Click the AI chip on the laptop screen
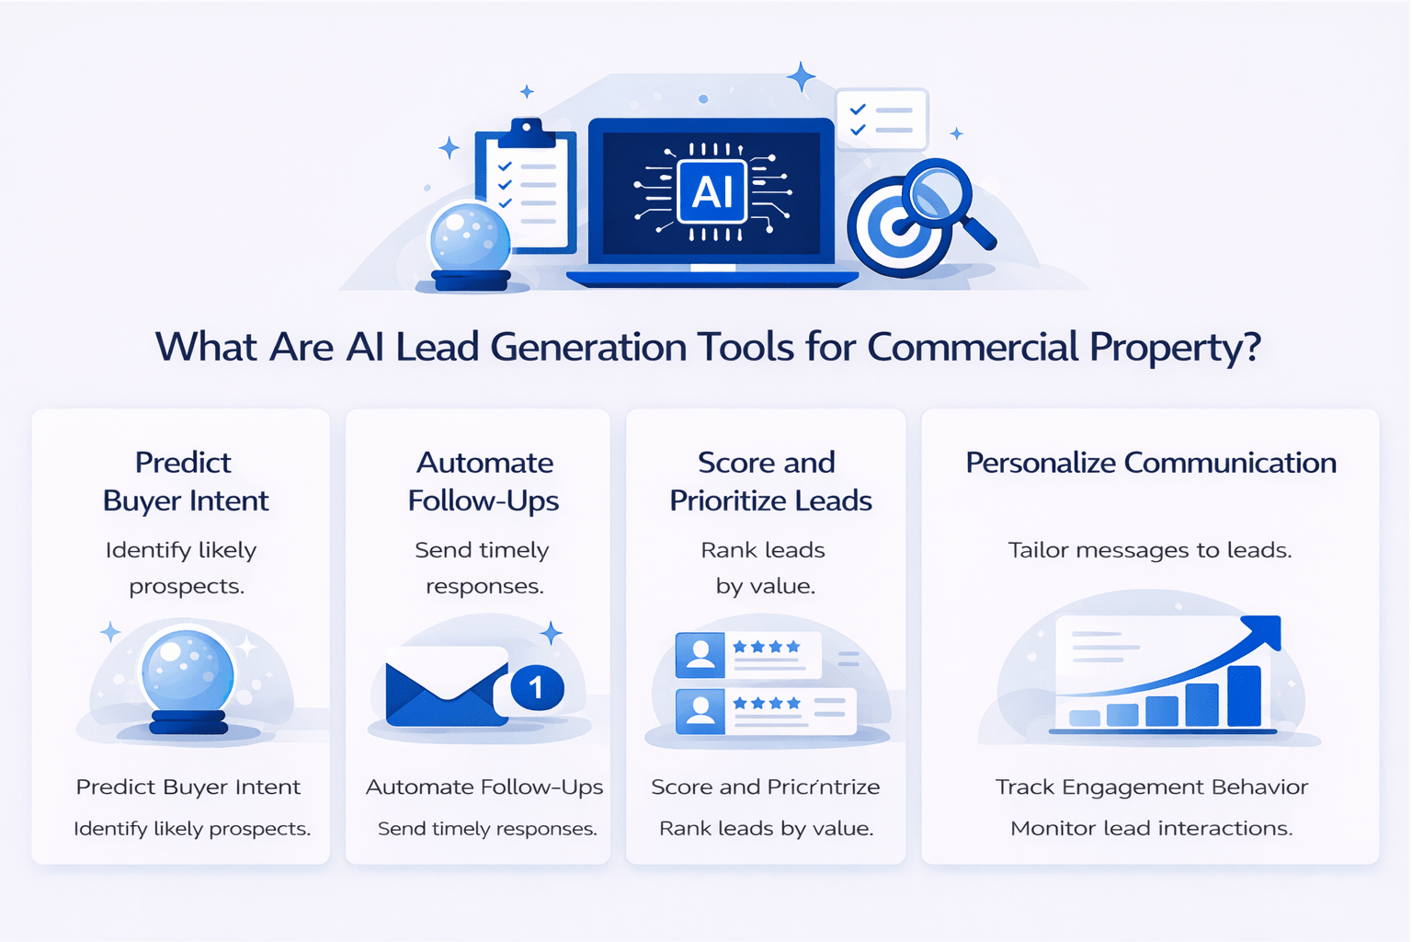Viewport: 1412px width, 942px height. [712, 191]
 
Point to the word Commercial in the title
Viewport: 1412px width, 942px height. [973, 347]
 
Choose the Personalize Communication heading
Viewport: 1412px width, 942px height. [1150, 462]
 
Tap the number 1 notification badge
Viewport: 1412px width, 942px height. [536, 687]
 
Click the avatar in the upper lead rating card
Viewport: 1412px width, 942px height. [700, 654]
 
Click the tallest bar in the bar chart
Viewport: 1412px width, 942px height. [1244, 695]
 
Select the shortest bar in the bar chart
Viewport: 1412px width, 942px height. [1085, 718]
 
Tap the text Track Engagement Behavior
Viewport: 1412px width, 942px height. [1151, 787]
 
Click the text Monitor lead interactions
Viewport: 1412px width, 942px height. [1151, 828]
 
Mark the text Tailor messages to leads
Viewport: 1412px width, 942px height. [1149, 550]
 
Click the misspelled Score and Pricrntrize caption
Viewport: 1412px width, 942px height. [765, 787]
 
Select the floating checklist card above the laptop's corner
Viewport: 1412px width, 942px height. [881, 120]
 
